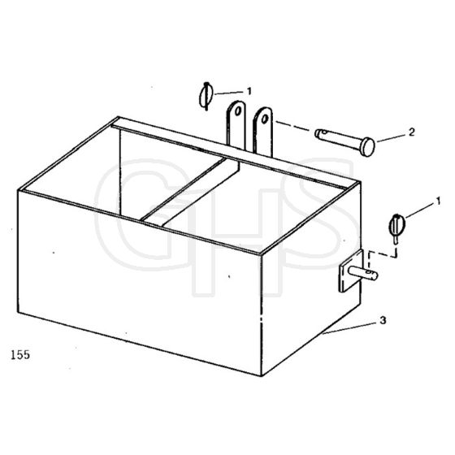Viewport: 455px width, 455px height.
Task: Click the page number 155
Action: (20, 354)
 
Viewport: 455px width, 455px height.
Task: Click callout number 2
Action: (411, 132)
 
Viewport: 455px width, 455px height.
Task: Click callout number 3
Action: (383, 321)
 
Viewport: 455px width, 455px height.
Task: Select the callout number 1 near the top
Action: (249, 91)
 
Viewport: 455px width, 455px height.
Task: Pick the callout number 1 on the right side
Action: (438, 201)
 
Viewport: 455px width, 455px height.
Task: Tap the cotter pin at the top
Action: (206, 96)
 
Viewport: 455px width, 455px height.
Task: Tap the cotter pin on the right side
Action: (396, 227)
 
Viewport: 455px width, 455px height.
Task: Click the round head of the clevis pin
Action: (369, 147)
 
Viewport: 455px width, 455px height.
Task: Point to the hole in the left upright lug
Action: (238, 111)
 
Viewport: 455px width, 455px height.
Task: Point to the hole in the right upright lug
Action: (264, 119)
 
